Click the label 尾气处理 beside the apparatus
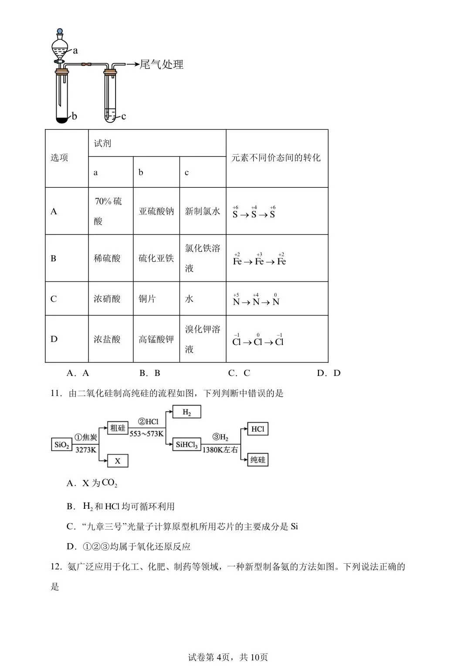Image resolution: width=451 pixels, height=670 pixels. point(161,64)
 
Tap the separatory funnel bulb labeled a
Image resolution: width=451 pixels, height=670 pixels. point(60,47)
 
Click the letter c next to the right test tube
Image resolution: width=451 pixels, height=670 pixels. point(124,116)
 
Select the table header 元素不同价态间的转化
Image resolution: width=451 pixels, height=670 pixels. point(276,158)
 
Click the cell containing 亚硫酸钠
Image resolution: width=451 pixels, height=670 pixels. point(156,211)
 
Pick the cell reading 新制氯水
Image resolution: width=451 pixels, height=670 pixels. point(203,211)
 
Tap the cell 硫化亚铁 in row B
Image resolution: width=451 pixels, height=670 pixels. point(156,258)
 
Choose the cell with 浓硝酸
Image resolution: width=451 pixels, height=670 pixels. point(107,299)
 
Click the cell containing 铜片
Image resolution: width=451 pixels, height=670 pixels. point(147,299)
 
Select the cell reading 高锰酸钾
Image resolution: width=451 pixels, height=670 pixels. point(156,339)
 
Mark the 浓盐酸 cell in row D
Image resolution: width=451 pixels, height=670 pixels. point(107,339)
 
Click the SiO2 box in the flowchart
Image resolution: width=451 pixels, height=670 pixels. point(61,445)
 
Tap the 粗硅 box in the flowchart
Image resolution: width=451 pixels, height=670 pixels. point(118,428)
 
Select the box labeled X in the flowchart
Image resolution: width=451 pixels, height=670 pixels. point(118,460)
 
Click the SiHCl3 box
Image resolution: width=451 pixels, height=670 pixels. point(187,445)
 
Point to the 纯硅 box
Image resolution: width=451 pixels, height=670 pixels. point(258,460)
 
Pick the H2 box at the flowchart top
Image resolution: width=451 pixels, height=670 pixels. point(187,412)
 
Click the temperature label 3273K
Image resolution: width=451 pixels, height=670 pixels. point(85,450)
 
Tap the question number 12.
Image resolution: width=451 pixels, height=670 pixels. point(55,567)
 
